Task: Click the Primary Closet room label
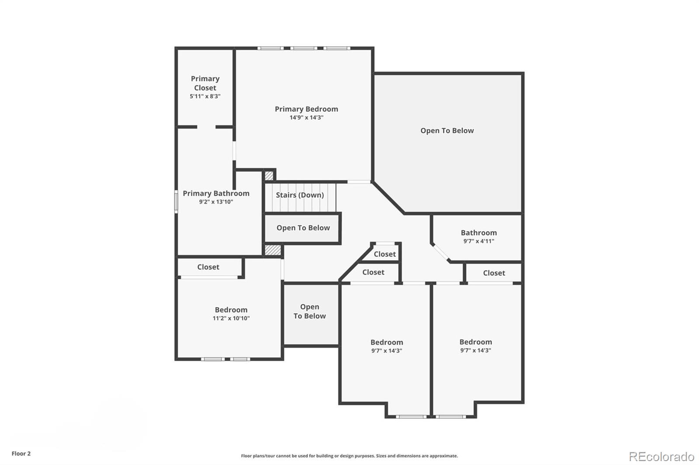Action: point(205,83)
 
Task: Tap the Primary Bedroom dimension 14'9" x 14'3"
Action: point(306,117)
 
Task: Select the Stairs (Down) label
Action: point(300,195)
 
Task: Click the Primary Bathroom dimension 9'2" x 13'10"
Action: point(216,202)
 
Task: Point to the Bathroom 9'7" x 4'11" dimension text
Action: point(478,241)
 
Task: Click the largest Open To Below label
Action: point(447,130)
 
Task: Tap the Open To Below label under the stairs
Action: point(303,228)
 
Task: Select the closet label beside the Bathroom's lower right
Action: point(494,273)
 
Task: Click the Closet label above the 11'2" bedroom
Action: point(208,267)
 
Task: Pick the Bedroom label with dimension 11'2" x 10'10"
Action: point(231,310)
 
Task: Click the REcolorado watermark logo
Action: point(661,457)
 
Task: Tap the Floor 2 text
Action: point(21,454)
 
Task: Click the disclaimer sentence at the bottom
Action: point(349,456)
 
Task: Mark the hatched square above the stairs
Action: point(269,176)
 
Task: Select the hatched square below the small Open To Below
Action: point(273,250)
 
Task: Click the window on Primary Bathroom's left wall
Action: point(176,202)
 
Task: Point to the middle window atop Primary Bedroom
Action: point(304,48)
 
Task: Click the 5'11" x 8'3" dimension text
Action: point(205,96)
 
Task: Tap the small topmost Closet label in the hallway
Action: point(384,254)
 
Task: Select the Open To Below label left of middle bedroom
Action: point(309,311)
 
